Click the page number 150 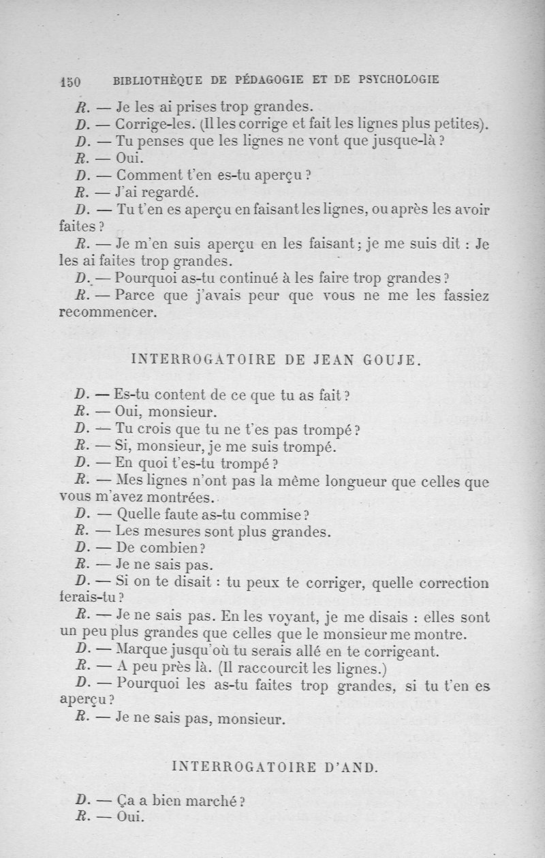(71, 80)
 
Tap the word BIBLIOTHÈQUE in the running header (156, 80)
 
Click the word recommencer (108, 313)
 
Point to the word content (178, 395)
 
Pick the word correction (456, 583)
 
